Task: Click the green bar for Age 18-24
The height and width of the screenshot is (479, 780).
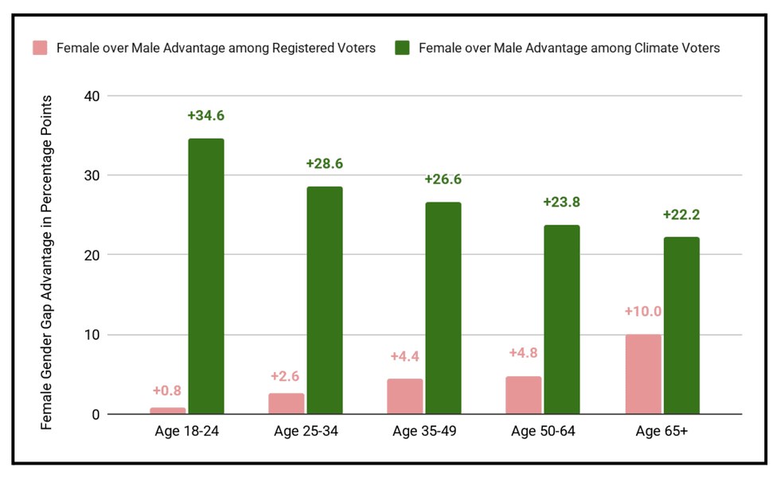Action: click(205, 276)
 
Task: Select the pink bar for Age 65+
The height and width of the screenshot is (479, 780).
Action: click(643, 374)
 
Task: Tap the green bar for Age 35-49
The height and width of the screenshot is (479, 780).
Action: click(443, 308)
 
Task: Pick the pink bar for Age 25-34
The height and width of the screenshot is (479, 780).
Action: click(286, 403)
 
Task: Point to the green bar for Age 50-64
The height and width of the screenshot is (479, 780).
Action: click(562, 319)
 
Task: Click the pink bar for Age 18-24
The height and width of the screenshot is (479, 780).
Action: click(167, 410)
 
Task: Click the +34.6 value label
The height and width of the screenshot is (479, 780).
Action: click(205, 116)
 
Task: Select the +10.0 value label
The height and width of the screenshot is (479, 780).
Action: click(643, 311)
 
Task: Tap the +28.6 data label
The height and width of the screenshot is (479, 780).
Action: click(324, 164)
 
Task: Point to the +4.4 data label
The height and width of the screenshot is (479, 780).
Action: click(405, 357)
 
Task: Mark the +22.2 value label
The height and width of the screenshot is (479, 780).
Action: click(681, 215)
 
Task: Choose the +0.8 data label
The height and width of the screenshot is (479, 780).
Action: click(167, 391)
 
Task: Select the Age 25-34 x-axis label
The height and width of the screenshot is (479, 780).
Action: click(306, 433)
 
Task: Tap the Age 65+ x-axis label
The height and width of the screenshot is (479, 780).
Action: click(663, 433)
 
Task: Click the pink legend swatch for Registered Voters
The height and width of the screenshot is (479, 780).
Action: click(41, 48)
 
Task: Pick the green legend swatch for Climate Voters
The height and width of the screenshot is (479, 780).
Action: click(402, 48)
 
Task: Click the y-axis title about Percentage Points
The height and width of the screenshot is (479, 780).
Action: click(47, 263)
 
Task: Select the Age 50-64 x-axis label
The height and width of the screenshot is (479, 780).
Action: click(544, 433)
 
